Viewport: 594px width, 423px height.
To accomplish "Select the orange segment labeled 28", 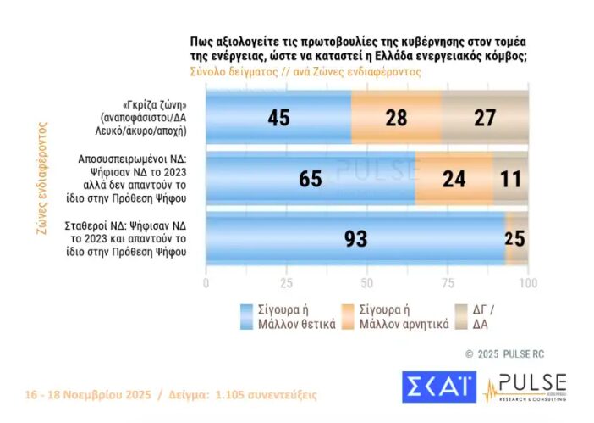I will coord(396,118).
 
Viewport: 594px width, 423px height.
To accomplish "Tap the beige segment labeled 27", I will coord(484,118).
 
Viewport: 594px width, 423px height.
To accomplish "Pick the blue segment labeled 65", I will coord(311,178).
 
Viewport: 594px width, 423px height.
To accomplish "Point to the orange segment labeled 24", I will coord(454,178).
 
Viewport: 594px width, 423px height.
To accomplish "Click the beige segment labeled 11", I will coord(510,178).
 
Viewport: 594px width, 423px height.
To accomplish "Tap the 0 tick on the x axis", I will coord(206,282).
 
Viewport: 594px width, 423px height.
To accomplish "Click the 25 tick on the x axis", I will coord(287,282).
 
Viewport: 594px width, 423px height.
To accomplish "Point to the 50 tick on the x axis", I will coord(367,282).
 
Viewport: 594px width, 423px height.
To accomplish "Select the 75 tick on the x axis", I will coord(448,282).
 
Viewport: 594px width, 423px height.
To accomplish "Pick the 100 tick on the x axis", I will coord(527,282).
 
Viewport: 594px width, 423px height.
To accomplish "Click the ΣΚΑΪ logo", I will coord(438,386).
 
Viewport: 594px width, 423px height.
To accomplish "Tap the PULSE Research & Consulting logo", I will coord(525,387).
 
